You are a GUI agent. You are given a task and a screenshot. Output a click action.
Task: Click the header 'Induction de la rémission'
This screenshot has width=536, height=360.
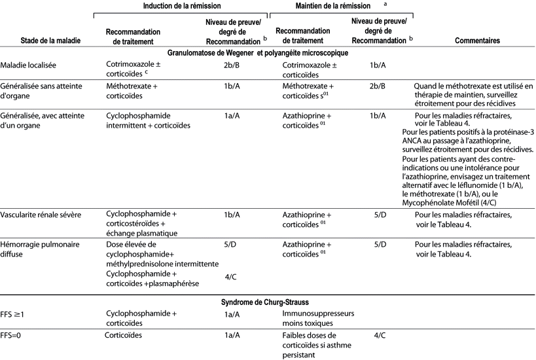pos(181,5)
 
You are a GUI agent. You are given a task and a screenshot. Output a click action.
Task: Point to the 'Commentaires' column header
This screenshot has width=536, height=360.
pos(476,40)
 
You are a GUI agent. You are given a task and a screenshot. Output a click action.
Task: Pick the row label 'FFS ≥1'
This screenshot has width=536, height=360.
pos(13,314)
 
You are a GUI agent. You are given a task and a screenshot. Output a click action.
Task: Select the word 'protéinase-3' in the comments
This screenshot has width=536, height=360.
pos(510,133)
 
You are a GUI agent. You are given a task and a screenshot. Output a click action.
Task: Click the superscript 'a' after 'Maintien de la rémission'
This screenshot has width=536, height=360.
pos(385,3)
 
